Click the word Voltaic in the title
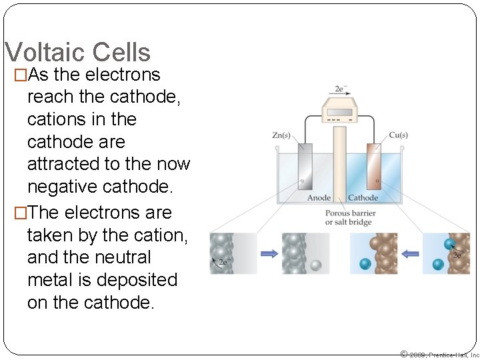coord(46,52)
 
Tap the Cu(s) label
coord(397,135)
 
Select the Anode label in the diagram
coord(319,197)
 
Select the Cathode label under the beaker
coord(363,197)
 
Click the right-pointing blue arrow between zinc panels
coord(269,253)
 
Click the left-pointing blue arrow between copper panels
coord(410,253)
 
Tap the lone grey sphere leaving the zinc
coord(316,265)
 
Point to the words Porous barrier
coord(350,213)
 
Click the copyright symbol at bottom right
coord(403,354)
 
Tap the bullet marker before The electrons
coord(21,213)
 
